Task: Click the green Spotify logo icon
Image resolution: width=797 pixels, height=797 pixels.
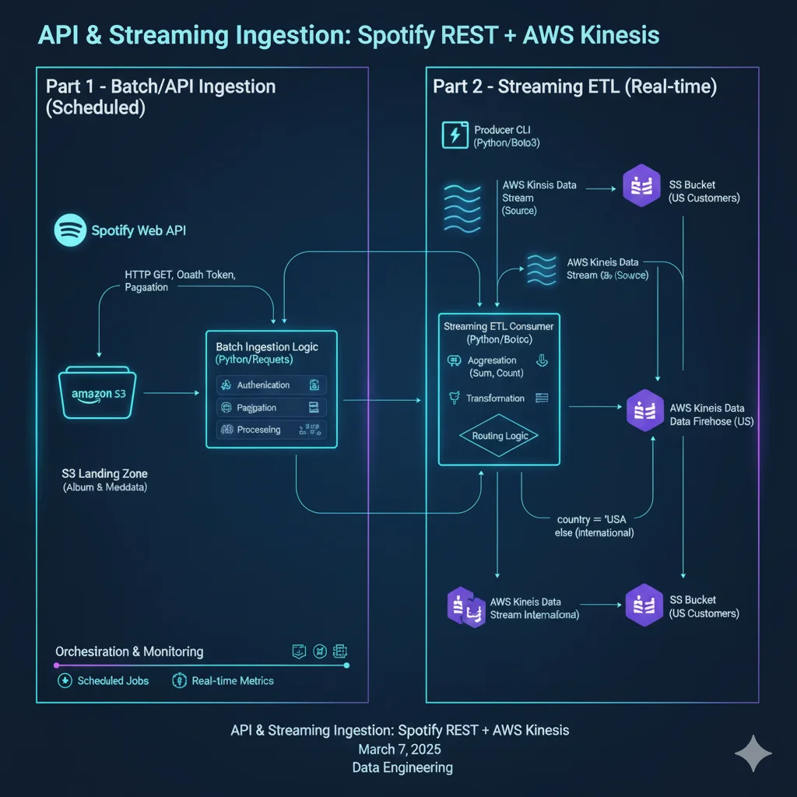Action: click(x=70, y=230)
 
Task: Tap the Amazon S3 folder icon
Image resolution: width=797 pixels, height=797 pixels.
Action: click(x=97, y=394)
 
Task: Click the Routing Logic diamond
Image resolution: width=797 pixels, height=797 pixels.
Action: click(x=500, y=436)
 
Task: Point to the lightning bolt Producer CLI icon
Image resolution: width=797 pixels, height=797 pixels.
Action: click(x=454, y=135)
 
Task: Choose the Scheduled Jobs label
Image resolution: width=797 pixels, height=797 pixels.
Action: click(x=113, y=680)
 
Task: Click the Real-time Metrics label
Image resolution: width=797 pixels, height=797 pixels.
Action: click(x=233, y=680)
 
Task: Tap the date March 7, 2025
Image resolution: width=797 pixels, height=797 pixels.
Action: click(x=399, y=750)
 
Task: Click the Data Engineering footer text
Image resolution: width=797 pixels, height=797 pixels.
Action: click(x=402, y=768)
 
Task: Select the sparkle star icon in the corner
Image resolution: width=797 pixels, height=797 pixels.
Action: click(x=753, y=753)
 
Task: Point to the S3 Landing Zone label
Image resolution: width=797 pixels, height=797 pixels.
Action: click(x=104, y=473)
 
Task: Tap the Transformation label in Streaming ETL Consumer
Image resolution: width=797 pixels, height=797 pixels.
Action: click(x=495, y=398)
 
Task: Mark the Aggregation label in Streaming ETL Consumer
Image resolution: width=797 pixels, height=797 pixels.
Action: click(x=492, y=361)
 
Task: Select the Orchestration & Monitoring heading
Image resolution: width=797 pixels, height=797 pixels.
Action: click(x=129, y=651)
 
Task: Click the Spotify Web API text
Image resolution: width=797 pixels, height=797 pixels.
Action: click(x=139, y=230)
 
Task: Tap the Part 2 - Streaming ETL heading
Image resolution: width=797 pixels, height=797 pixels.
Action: click(x=574, y=86)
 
